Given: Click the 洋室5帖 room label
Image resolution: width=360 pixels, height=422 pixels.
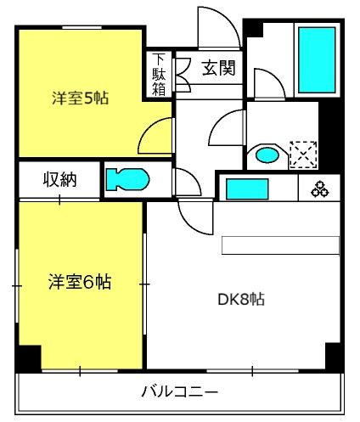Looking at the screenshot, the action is [x=80, y=98].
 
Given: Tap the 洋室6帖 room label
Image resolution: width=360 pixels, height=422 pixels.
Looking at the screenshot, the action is [x=80, y=282].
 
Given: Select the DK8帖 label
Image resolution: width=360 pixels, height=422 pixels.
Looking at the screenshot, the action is [x=241, y=300].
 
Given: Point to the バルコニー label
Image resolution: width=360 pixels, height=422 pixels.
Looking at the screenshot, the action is [x=180, y=391].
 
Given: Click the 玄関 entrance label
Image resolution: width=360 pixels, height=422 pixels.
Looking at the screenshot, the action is [x=219, y=68].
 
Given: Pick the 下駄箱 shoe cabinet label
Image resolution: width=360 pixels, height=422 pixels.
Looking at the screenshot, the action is [x=159, y=75].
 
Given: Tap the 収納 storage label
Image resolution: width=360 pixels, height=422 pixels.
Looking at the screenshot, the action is [x=59, y=180].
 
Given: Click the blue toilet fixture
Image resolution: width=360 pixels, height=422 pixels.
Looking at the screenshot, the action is [x=127, y=179].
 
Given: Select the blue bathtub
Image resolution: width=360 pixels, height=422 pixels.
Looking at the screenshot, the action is [x=317, y=60].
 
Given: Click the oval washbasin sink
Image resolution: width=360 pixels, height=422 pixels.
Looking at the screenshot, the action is [x=267, y=155].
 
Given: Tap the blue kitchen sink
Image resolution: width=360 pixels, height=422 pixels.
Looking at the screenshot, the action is [x=247, y=189].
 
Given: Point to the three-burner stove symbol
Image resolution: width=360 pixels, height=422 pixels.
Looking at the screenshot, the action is [x=320, y=189].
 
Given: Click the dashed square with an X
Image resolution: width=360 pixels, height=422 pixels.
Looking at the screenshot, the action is [x=303, y=155].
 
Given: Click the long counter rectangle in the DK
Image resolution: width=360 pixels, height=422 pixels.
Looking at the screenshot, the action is [x=280, y=245].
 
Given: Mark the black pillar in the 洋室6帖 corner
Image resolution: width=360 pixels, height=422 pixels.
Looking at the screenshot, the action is [x=29, y=357].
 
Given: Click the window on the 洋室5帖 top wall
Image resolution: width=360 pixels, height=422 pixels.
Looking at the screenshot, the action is [x=82, y=27].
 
